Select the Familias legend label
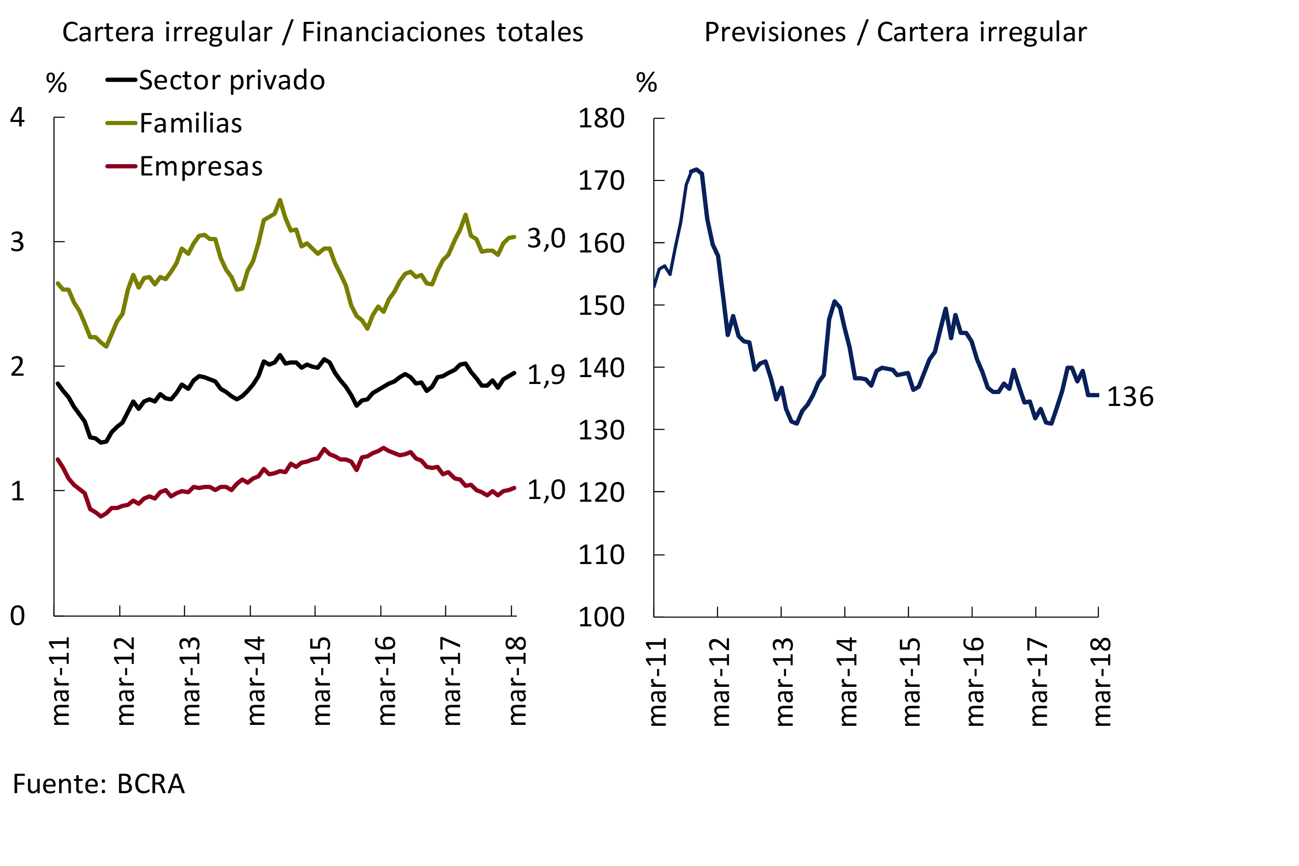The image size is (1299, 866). click(191, 123)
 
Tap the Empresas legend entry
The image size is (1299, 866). click(201, 166)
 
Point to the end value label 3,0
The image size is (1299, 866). click(546, 239)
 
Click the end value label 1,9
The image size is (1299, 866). click(546, 375)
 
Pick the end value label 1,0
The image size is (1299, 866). click(546, 490)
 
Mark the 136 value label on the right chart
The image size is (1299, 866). click(1130, 396)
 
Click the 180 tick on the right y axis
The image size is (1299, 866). click(601, 118)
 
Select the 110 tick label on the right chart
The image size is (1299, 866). click(601, 554)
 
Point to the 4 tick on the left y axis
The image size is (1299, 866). click(18, 117)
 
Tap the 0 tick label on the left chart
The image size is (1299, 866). click(18, 616)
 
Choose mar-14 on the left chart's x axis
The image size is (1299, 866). click(256, 681)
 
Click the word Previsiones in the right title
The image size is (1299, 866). click(775, 32)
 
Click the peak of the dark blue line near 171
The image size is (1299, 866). click(696, 170)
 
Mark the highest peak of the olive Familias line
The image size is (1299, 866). click(280, 200)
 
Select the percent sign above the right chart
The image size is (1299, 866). click(646, 83)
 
